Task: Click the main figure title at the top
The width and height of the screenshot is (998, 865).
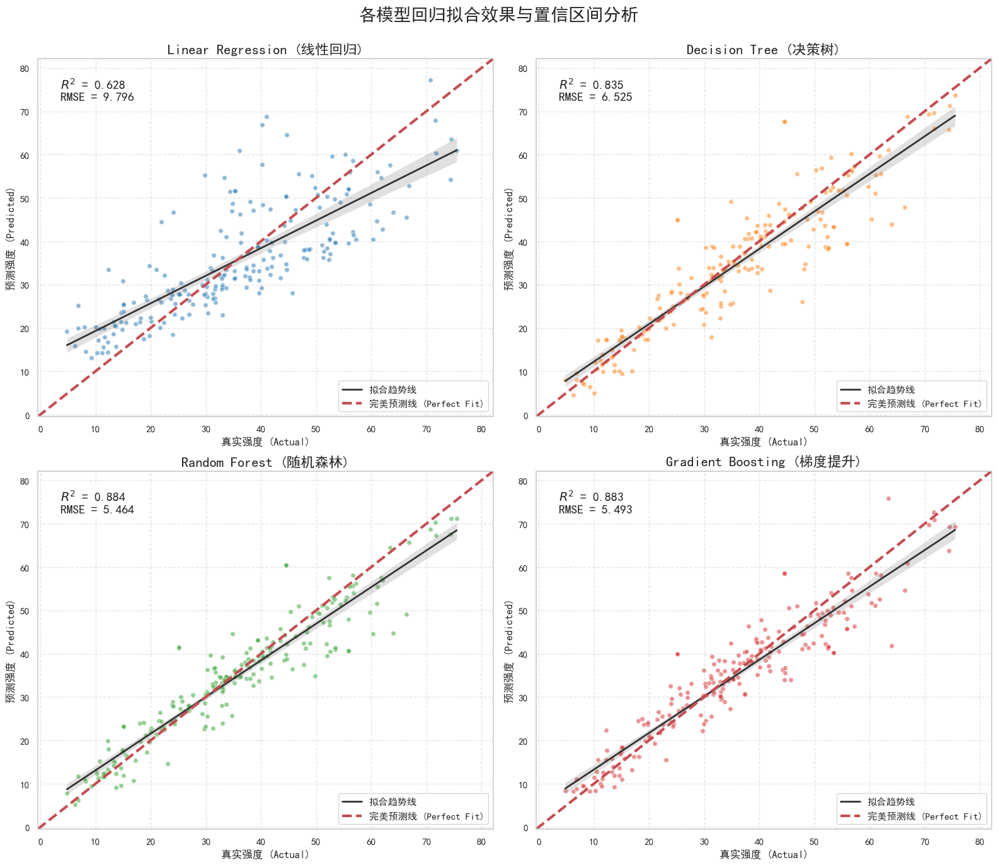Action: pos(498,15)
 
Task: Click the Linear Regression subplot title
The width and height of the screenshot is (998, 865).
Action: pos(265,50)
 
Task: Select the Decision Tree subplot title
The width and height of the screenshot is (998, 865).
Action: pos(764,50)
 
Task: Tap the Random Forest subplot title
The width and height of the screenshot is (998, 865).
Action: pos(265,462)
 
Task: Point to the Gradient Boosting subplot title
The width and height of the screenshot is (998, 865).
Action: pos(764,462)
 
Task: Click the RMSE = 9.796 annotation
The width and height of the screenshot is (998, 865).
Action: pos(97,97)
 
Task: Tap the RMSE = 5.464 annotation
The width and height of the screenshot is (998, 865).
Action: pos(97,510)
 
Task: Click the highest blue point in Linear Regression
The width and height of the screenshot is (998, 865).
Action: pos(430,80)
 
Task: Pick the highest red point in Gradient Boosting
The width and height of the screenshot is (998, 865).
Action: pos(888,498)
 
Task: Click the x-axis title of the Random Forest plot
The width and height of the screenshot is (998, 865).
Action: pos(265,854)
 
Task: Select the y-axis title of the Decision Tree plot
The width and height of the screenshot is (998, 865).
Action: pos(510,239)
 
